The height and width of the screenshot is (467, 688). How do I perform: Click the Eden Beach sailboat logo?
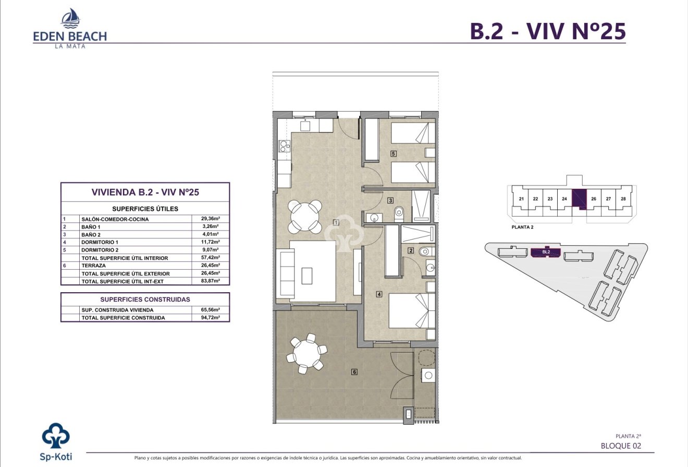click(x=70, y=19)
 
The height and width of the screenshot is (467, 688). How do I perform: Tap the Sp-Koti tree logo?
click(x=56, y=438)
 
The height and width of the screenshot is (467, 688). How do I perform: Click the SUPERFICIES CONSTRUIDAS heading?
click(x=145, y=300)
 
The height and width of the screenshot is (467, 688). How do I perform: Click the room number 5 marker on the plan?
click(x=394, y=154)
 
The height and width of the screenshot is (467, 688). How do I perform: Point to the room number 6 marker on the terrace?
click(x=354, y=372)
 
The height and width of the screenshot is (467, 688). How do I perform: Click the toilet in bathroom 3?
click(x=400, y=212)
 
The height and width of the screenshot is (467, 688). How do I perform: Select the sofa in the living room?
click(x=286, y=274)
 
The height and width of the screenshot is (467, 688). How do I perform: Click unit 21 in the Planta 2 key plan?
click(x=521, y=199)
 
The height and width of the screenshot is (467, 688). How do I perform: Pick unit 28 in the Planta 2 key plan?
click(x=623, y=199)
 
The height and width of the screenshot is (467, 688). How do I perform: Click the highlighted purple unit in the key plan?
click(x=579, y=199)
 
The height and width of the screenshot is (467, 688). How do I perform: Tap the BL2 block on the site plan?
click(x=546, y=253)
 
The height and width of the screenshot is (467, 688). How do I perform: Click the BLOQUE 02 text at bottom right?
click(x=620, y=446)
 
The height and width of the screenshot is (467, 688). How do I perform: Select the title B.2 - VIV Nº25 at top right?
click(x=547, y=31)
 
